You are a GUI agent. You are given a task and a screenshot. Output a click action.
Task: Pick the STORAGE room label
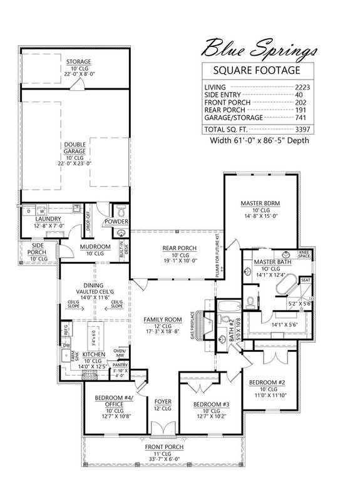click(79, 61)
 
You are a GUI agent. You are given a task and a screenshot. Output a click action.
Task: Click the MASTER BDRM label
click(259, 203)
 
